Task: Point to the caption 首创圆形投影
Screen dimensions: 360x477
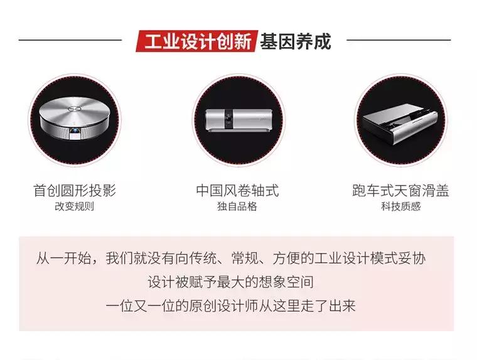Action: pos(74,190)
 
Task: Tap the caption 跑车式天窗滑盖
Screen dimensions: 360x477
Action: pos(400,190)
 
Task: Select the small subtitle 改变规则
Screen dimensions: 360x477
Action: pos(74,206)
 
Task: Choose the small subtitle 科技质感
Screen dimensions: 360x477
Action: pos(400,206)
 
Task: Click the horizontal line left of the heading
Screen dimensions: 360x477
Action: pos(70,40)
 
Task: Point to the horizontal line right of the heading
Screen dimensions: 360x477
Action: pos(399,40)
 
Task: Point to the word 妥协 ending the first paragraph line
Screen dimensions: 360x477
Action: pos(420,258)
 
